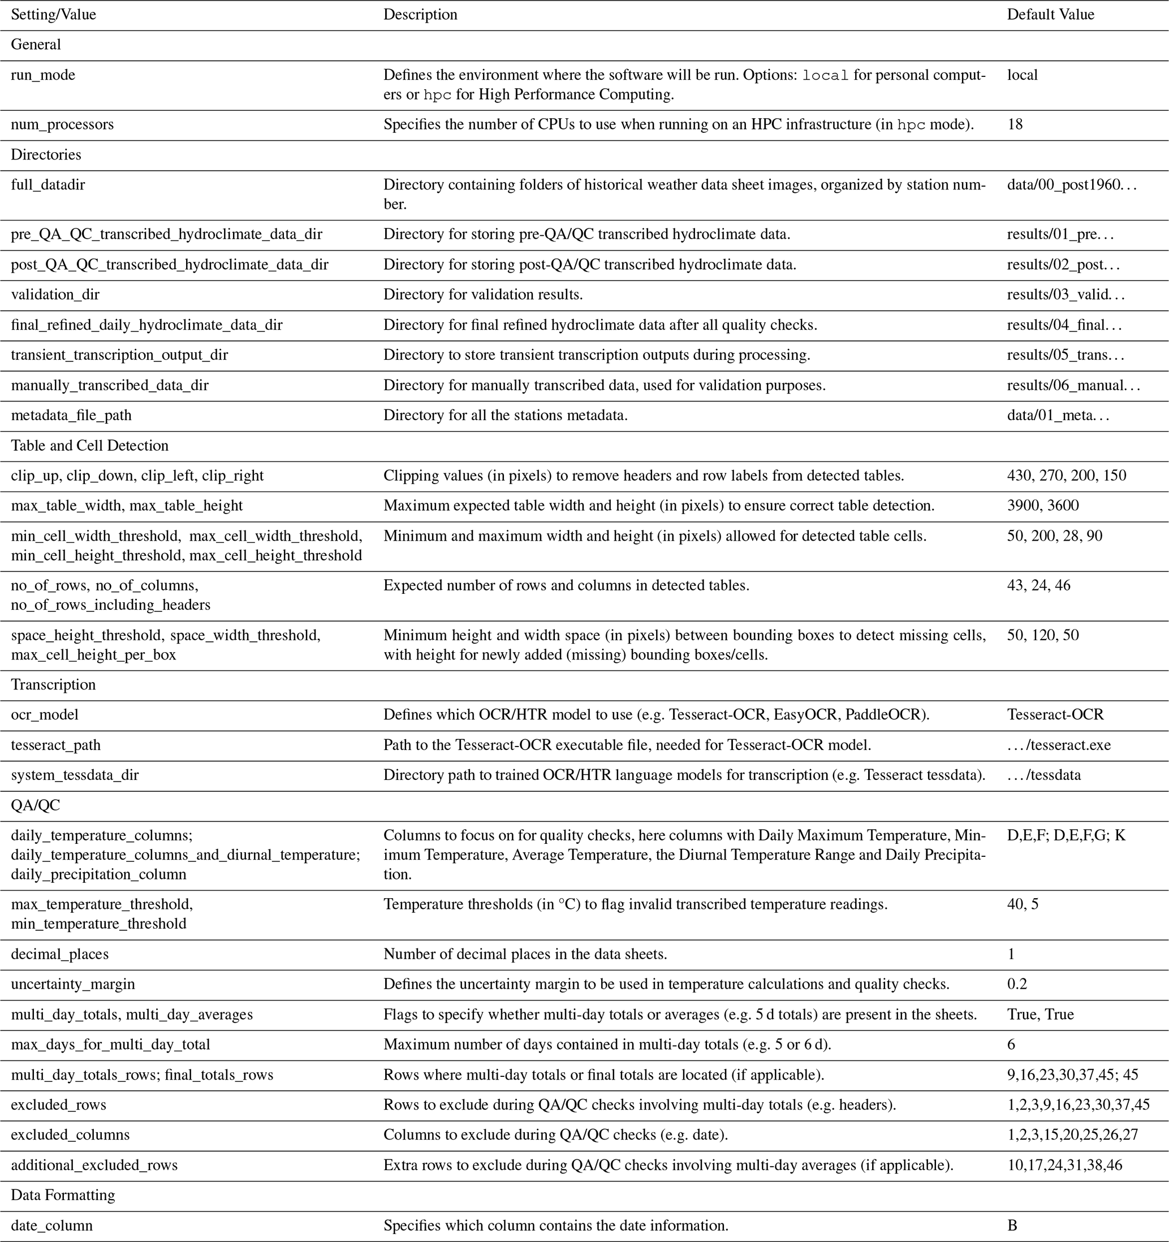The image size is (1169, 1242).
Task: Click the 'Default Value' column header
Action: [x=1050, y=14]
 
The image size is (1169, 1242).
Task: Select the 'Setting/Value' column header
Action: [x=53, y=14]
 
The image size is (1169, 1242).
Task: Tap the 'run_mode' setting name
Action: [x=42, y=75]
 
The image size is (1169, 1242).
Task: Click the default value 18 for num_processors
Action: [x=1015, y=124]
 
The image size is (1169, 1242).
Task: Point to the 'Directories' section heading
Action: [x=46, y=155]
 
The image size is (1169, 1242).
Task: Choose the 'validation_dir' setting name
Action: [x=55, y=294]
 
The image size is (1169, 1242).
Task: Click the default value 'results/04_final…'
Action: [x=1064, y=325]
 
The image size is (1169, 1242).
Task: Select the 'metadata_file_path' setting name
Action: [x=71, y=416]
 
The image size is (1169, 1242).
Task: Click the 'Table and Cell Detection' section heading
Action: [x=89, y=446]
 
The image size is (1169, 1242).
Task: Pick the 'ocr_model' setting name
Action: [x=44, y=715]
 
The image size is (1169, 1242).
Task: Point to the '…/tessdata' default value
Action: [x=1043, y=775]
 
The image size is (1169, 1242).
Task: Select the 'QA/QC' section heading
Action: [x=35, y=805]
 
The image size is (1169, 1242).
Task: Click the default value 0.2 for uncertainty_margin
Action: [x=1016, y=984]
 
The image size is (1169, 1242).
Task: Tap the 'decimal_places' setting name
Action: [x=59, y=954]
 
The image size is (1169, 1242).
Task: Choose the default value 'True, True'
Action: [x=1040, y=1014]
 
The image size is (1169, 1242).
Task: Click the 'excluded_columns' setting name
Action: [x=70, y=1135]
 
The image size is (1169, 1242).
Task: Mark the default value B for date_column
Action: [x=1012, y=1226]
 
